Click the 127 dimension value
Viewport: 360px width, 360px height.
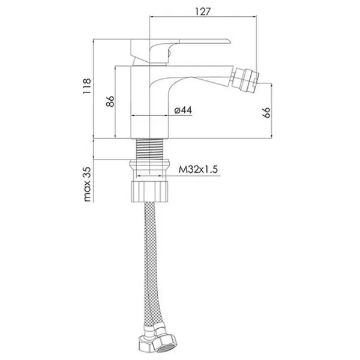pyautogui.click(x=203, y=11)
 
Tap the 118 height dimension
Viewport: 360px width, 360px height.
pyautogui.click(x=87, y=86)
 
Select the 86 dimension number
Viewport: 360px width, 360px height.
pyautogui.click(x=110, y=101)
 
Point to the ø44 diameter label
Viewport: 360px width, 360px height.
pyautogui.click(x=183, y=110)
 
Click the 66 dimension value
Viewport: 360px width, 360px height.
pyautogui.click(x=266, y=113)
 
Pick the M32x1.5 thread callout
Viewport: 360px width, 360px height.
pyautogui.click(x=198, y=170)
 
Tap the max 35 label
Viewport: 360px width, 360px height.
pyautogui.click(x=88, y=184)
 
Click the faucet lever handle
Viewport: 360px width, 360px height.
pyautogui.click(x=180, y=52)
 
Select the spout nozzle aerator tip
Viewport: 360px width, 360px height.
pyautogui.click(x=245, y=79)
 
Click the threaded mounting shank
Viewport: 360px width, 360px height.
pyautogui.click(x=149, y=149)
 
